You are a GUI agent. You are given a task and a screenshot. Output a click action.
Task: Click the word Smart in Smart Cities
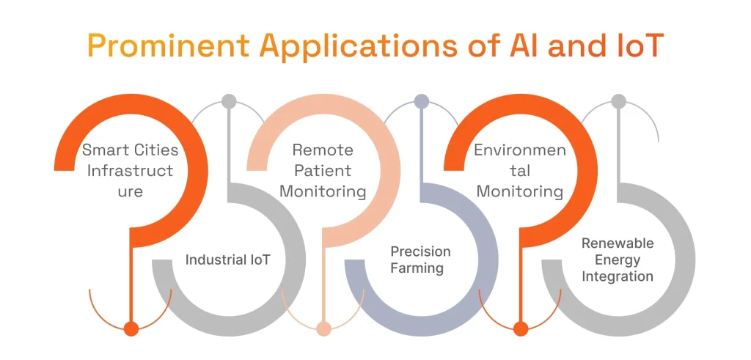coord(107,150)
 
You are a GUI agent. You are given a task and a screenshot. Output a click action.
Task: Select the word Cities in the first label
coord(156,150)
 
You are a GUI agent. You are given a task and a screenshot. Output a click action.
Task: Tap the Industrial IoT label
coord(227,260)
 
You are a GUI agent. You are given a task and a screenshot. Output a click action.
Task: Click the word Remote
coord(323,150)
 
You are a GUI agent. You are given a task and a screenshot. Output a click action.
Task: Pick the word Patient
coord(323,171)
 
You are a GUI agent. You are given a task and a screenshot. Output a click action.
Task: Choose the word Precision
coord(420,251)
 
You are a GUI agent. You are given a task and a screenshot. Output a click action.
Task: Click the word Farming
coord(417,268)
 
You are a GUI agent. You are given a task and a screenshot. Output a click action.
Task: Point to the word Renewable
coord(618,243)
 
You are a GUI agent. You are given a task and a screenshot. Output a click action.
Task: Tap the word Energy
coord(618,260)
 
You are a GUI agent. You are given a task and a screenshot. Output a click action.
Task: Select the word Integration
coord(618,276)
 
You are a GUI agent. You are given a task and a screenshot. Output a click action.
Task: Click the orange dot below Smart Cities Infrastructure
coord(131,329)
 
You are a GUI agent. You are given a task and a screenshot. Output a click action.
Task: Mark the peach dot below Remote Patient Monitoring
coord(323,329)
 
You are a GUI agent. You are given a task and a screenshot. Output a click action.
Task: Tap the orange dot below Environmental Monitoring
coord(521,329)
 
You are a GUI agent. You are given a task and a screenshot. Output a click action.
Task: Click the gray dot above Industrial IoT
coord(229,101)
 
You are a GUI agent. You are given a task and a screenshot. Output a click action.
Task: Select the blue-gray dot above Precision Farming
coord(421,101)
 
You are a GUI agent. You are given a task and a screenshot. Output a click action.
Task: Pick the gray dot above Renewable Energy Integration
coord(618,101)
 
